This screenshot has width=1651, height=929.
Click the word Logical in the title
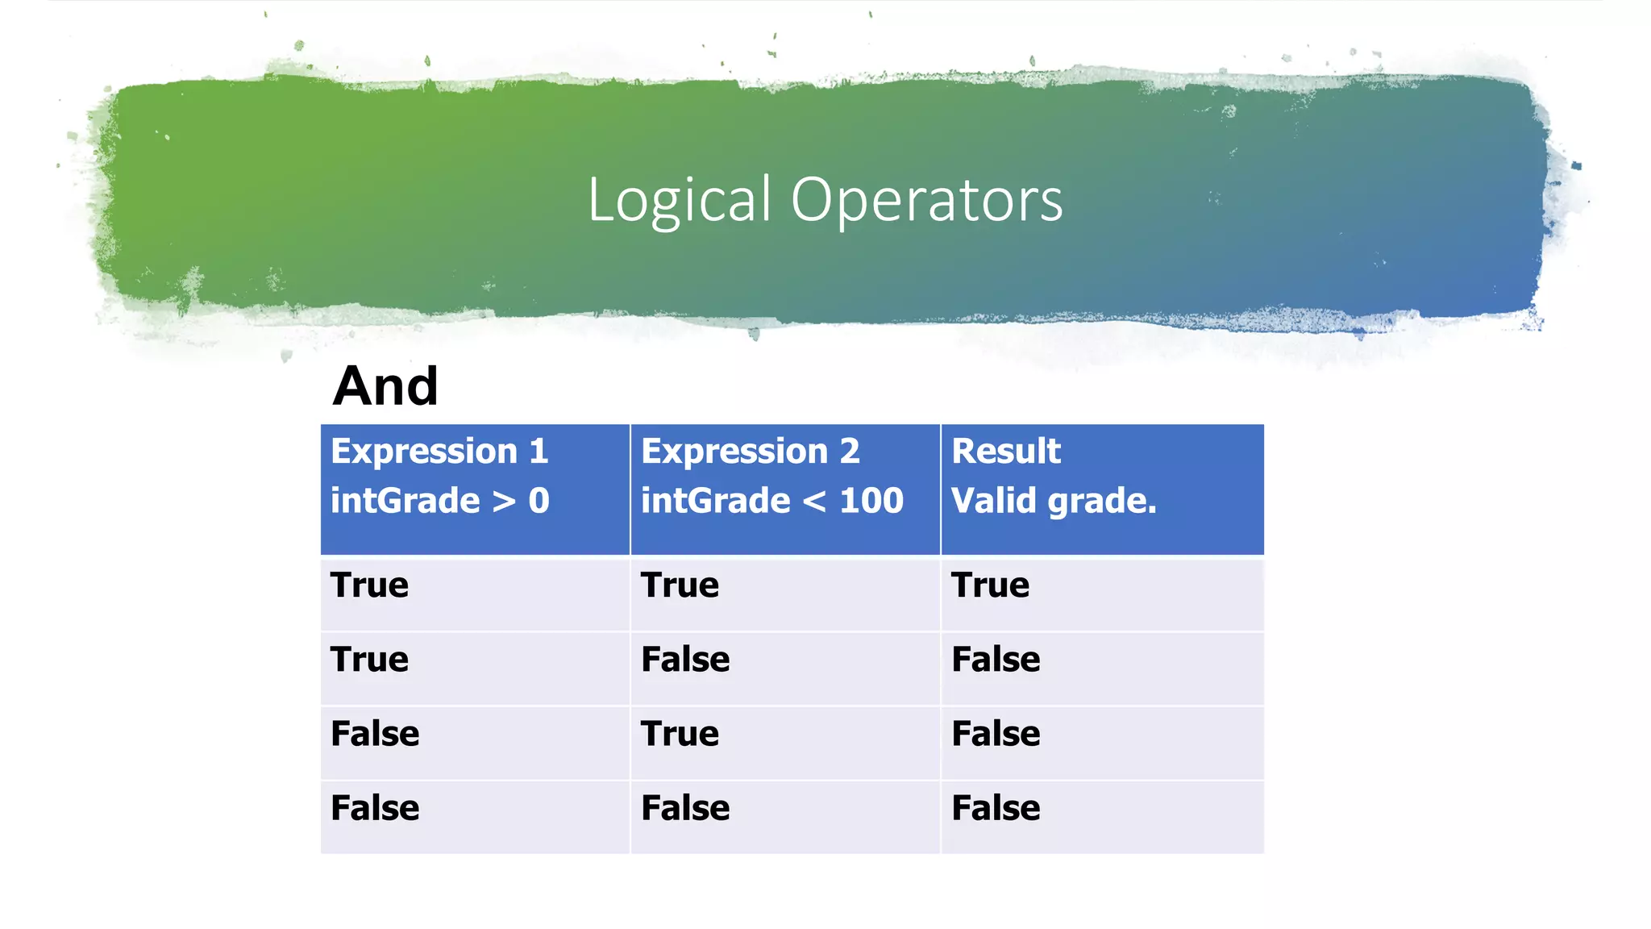pyautogui.click(x=679, y=200)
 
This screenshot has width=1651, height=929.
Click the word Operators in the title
pyautogui.click(x=926, y=200)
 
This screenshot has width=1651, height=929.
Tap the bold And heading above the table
pyautogui.click(x=385, y=386)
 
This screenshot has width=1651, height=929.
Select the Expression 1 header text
pyautogui.click(x=439, y=451)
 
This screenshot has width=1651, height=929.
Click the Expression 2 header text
pyautogui.click(x=750, y=451)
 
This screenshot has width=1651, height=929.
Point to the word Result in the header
pyautogui.click(x=1005, y=451)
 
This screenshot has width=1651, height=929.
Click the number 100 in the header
pyautogui.click(x=871, y=501)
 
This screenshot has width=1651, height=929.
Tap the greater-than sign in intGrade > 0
pyautogui.click(x=504, y=502)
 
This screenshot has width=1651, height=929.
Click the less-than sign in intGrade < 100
pyautogui.click(x=814, y=502)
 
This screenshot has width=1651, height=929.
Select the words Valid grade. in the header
pyautogui.click(x=1054, y=501)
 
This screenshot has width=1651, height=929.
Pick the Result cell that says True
pyautogui.click(x=990, y=585)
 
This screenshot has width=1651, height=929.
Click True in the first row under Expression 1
pyautogui.click(x=369, y=585)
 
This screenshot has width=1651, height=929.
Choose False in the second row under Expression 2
pyautogui.click(x=685, y=660)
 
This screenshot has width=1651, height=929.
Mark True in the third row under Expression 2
pyautogui.click(x=680, y=734)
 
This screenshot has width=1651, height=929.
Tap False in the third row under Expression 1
pyautogui.click(x=375, y=734)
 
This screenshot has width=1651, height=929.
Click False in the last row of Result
pyautogui.click(x=996, y=808)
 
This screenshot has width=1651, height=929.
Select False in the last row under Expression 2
pyautogui.click(x=685, y=808)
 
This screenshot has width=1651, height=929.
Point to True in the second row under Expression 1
pyautogui.click(x=369, y=660)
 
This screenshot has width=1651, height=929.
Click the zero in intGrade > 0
pyautogui.click(x=539, y=501)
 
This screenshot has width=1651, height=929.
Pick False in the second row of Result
pyautogui.click(x=996, y=660)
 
